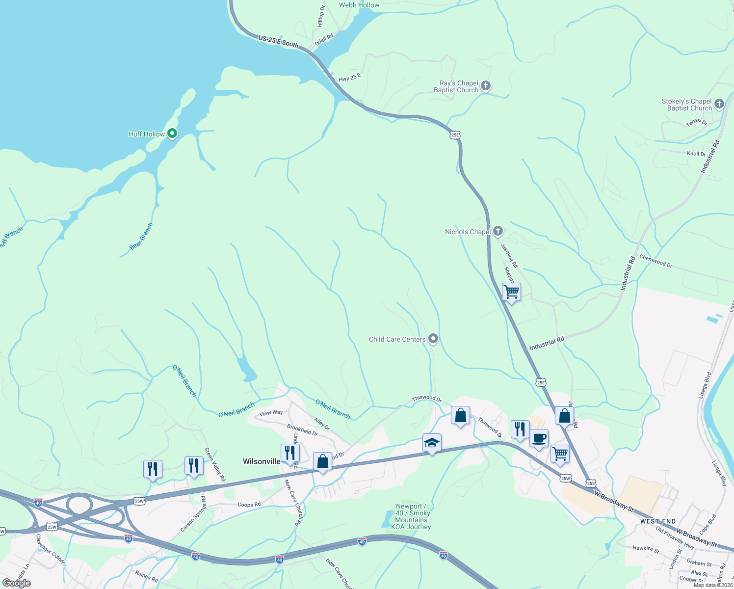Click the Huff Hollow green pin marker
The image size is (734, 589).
172,133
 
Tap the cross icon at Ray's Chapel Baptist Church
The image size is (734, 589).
486,86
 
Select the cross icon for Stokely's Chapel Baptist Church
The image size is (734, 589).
719,104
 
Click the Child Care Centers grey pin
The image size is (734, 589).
433,339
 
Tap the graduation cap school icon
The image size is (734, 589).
432,443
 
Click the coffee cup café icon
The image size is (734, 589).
539,438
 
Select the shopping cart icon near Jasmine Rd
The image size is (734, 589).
511,292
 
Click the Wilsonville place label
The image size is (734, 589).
262,461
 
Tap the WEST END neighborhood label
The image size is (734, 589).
658,521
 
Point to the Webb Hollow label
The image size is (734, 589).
359,5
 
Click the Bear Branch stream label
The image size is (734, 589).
141,237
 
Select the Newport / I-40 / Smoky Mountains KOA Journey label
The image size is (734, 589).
411,516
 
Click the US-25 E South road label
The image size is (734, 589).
278,41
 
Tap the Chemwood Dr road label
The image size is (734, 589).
655,261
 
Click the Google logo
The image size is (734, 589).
16,583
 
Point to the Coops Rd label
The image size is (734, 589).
249,505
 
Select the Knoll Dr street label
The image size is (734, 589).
696,154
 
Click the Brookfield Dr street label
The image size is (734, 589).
302,430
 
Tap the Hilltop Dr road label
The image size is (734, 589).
321,16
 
